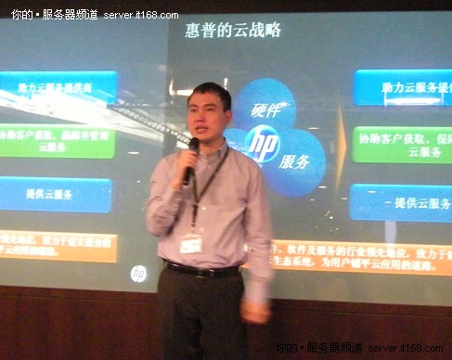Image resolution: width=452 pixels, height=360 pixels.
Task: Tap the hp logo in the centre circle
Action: [263, 144]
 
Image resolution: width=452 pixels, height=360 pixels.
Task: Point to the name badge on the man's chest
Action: [191, 244]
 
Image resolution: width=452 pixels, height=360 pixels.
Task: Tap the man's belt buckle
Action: [199, 273]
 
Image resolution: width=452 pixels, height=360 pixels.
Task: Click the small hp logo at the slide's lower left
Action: [138, 273]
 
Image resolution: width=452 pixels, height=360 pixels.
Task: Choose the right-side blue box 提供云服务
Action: [401, 201]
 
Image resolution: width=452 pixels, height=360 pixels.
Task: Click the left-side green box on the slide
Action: [56, 141]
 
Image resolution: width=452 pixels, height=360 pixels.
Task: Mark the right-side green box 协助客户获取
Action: [402, 144]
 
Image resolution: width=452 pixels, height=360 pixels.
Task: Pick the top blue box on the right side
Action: [401, 87]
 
